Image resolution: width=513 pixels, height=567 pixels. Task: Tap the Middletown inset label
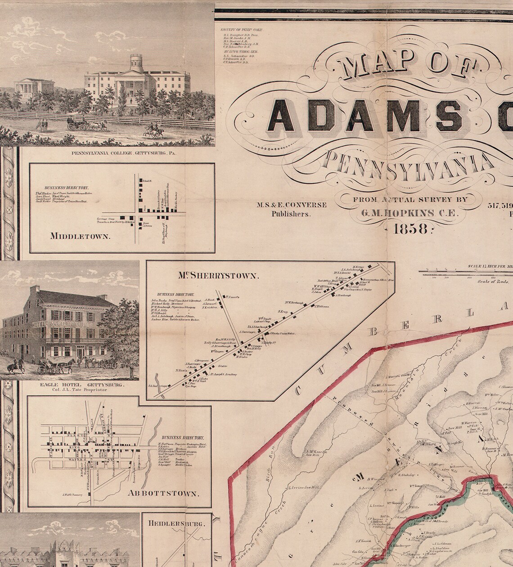80,236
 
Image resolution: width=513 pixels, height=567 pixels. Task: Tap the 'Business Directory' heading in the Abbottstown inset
182,437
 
